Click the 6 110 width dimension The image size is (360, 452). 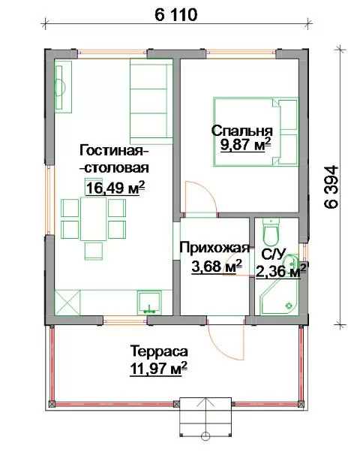[x=176, y=15]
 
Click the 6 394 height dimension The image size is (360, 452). [x=331, y=187]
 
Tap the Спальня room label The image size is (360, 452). [x=242, y=131]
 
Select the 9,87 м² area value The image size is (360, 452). [x=246, y=144]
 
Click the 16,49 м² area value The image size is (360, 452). [x=115, y=188]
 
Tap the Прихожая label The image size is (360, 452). [x=214, y=248]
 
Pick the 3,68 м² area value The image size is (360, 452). [x=217, y=266]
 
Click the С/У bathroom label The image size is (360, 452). [x=273, y=255]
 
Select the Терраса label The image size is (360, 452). [x=159, y=351]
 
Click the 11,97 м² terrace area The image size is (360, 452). [x=159, y=369]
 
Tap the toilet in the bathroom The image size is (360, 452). [x=271, y=231]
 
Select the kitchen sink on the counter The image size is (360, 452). [x=149, y=303]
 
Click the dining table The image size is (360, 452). [x=94, y=218]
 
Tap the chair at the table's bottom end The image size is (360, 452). [x=94, y=251]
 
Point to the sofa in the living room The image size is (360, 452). [x=151, y=101]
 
